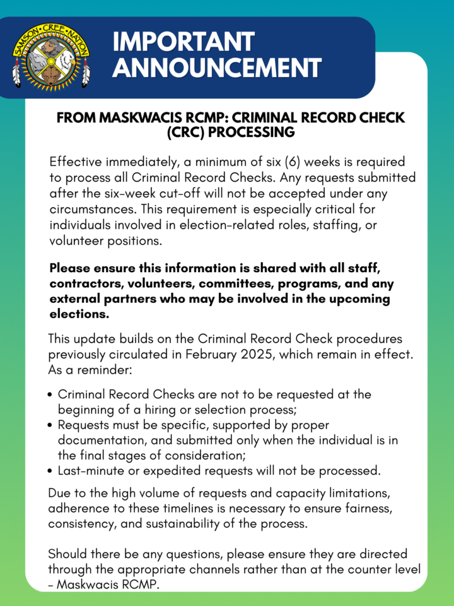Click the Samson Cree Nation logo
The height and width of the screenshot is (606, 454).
click(50, 56)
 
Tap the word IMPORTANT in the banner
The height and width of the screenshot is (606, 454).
click(183, 42)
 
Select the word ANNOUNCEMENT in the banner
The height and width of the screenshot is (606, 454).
click(217, 68)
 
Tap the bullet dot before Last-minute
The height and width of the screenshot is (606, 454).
click(50, 470)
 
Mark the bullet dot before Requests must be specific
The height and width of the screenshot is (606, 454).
click(50, 425)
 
